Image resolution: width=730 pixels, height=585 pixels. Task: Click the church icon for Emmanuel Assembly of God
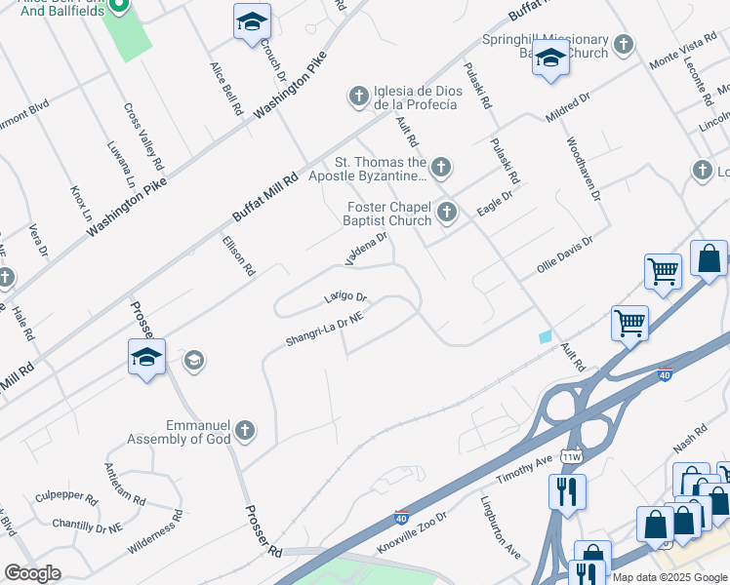(245, 430)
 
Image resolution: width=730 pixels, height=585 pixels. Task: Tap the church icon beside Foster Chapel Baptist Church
(447, 211)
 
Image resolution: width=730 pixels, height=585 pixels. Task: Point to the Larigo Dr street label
(345, 296)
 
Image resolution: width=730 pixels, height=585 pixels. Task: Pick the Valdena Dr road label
(367, 248)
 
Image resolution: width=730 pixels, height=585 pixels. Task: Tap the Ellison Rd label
(239, 255)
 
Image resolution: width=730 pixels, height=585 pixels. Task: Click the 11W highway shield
(571, 456)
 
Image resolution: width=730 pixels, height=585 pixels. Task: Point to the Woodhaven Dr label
(581, 168)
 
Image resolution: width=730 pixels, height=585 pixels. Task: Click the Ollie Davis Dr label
(565, 255)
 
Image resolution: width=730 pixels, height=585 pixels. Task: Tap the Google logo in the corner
(32, 573)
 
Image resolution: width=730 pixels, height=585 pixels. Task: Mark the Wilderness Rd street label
(154, 537)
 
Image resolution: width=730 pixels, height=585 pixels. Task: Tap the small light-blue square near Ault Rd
(545, 336)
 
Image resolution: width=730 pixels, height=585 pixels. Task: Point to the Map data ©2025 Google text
(670, 577)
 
